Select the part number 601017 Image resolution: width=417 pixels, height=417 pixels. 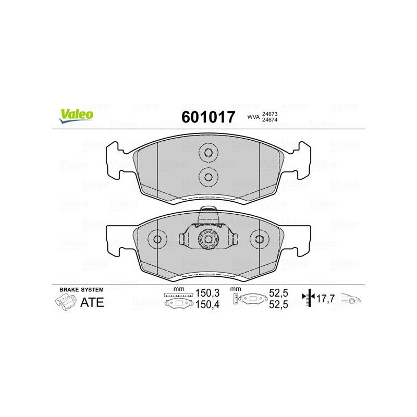pos(208,117)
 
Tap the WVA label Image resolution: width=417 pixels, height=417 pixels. pos(253,118)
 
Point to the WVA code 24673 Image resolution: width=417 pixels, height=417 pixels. pos(269,114)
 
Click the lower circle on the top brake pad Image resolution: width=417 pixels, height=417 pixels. pos(208,176)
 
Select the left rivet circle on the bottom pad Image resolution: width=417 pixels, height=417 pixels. pos(158,239)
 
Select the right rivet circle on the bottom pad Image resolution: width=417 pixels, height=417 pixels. pos(259,239)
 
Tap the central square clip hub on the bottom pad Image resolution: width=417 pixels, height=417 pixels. pos(208,239)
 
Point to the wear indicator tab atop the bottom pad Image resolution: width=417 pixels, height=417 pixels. pos(208,213)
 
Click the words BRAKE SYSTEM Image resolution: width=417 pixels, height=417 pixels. pos(81,289)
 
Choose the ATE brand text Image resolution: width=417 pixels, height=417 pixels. pos(92,302)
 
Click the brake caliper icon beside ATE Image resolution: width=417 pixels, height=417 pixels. pos(65,302)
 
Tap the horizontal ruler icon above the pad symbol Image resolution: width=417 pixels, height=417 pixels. pos(179,295)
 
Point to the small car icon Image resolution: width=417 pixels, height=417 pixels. pos(350,300)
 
